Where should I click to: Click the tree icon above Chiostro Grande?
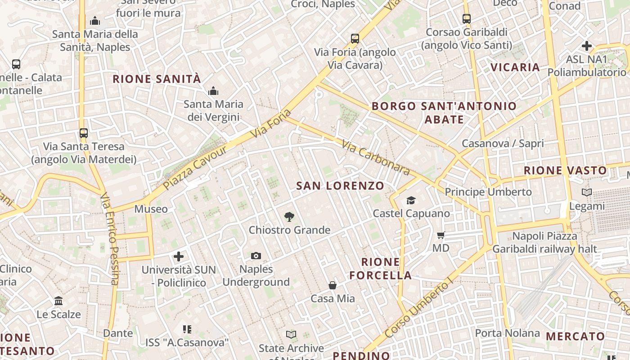(x=289, y=217)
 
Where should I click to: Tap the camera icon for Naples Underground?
(x=256, y=256)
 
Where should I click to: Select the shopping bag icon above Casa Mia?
(x=333, y=285)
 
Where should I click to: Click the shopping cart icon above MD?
(x=441, y=235)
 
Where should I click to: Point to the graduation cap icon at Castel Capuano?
(x=411, y=200)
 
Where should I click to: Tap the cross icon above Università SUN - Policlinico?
(x=179, y=256)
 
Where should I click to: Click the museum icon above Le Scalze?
(x=58, y=301)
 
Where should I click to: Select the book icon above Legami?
(x=587, y=193)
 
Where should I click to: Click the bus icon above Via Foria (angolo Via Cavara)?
(x=355, y=39)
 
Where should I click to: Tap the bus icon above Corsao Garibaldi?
(x=467, y=19)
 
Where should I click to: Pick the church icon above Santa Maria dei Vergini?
(x=213, y=91)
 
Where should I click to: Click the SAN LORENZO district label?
(x=340, y=185)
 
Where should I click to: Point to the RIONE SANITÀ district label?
(x=157, y=79)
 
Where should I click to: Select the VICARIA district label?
(x=515, y=67)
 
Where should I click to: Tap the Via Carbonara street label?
(x=376, y=157)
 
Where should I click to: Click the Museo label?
(x=151, y=209)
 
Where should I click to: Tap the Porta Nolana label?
(x=508, y=333)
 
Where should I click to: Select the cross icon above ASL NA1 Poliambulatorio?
(x=587, y=46)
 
